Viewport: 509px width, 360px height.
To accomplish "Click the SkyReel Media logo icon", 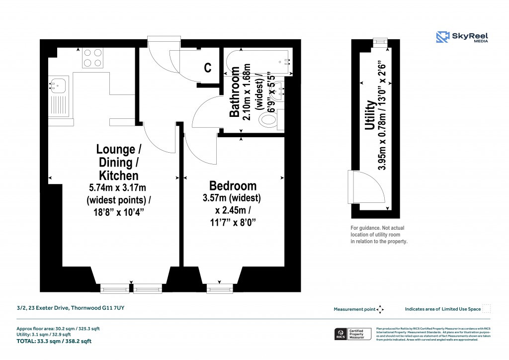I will tap(443, 37).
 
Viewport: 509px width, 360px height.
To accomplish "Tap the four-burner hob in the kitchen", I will tap(92, 57).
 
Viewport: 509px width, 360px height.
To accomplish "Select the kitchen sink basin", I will tap(58, 85).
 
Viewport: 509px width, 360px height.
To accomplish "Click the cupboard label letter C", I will tap(208, 68).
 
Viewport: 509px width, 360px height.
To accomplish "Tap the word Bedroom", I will tap(233, 186).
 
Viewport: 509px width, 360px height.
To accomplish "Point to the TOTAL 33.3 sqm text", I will tap(54, 341).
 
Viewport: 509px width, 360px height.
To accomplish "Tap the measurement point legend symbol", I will tap(380, 309).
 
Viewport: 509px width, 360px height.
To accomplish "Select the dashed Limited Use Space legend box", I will tap(487, 309).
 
